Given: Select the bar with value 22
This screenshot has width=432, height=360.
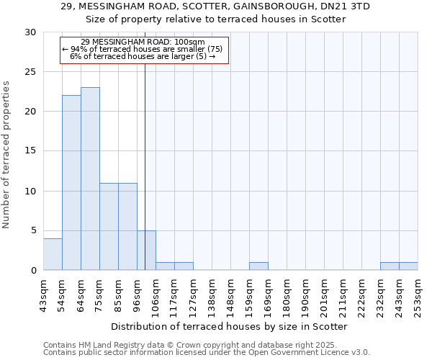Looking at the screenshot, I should (71, 183).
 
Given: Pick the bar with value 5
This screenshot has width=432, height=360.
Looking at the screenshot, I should (146, 250).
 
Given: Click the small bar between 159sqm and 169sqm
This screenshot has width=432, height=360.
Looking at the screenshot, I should (258, 266).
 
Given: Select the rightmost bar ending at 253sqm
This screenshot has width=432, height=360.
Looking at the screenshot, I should (408, 266).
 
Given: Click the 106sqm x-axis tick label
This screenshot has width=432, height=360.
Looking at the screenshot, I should (156, 295).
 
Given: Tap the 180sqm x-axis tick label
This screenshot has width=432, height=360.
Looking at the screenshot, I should (287, 295).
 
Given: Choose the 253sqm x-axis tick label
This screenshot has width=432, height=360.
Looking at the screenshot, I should (418, 295).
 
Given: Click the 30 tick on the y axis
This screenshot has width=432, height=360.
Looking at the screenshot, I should (30, 32).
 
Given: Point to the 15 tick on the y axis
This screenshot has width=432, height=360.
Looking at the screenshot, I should (30, 151).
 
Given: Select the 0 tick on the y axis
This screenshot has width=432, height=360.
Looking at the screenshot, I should (33, 270).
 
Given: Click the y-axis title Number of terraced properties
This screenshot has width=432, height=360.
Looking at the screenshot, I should (7, 155).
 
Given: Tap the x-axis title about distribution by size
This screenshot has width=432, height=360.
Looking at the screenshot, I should (230, 327).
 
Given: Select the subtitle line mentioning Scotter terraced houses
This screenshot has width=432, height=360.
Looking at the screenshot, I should (216, 19).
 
